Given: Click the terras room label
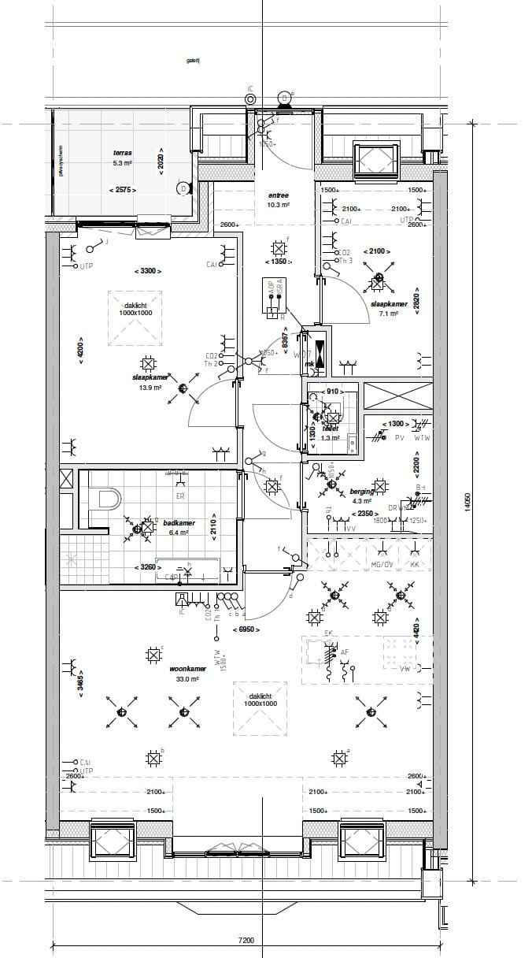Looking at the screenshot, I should click(122, 153).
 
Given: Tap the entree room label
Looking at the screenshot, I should click(279, 195).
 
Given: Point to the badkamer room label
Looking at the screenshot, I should click(179, 522).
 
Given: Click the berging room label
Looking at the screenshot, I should click(362, 491).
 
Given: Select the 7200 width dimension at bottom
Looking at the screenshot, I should click(246, 940).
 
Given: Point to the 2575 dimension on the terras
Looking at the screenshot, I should click(123, 190).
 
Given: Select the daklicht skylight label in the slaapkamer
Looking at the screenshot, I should click(136, 306).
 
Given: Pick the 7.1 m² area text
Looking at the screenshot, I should click(388, 314).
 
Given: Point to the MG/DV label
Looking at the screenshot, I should click(382, 565).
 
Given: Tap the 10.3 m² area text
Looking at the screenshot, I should click(279, 205).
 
